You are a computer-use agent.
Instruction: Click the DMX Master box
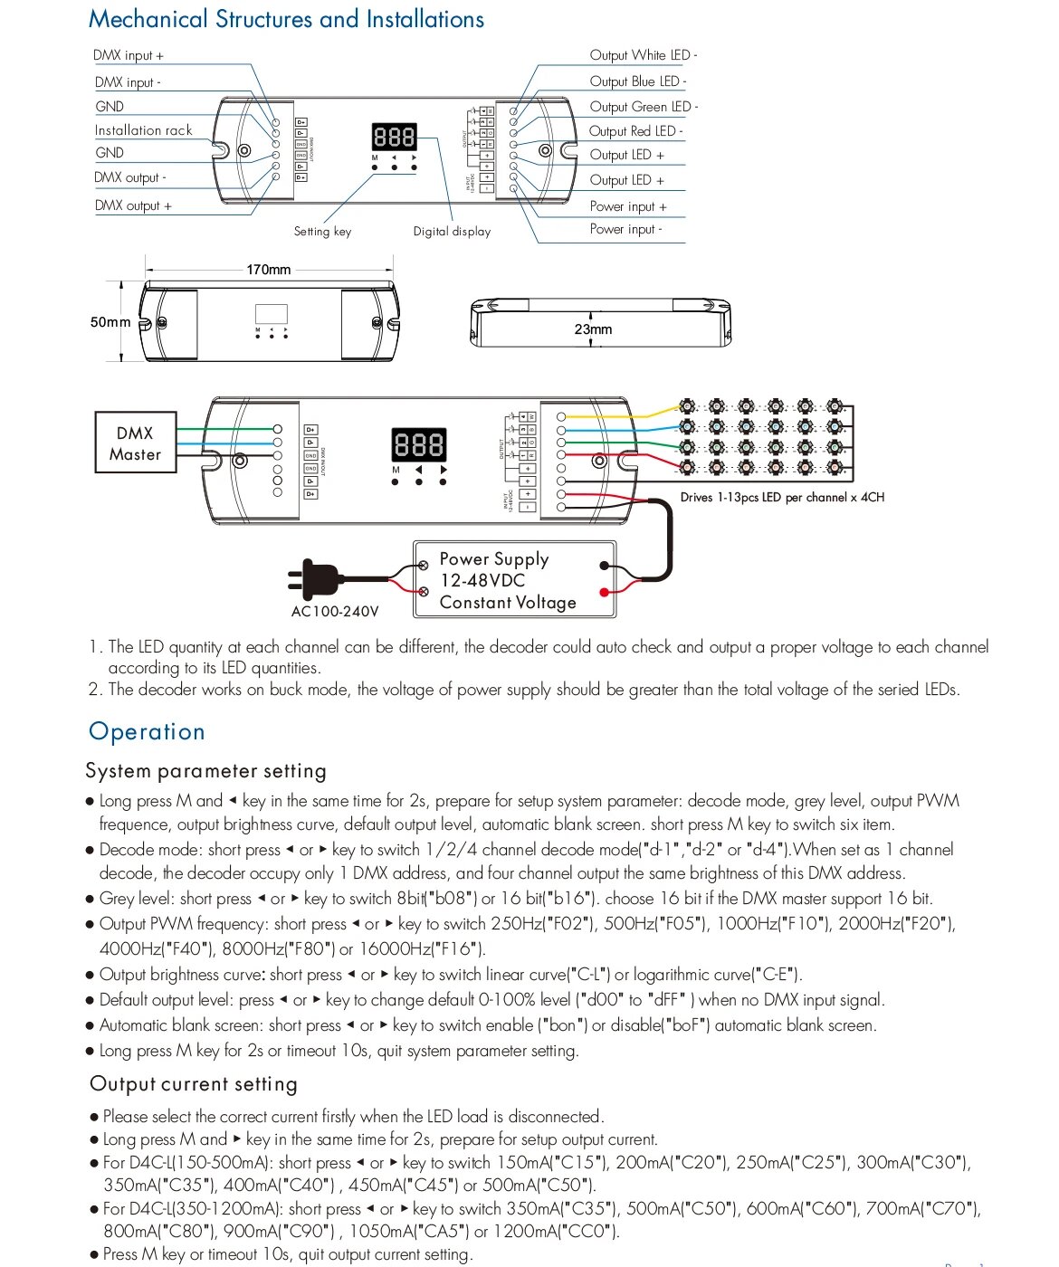tap(135, 443)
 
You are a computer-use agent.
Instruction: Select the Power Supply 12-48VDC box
tap(514, 580)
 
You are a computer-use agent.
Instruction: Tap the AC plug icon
tap(312, 579)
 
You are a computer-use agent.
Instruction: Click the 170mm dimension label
tap(269, 270)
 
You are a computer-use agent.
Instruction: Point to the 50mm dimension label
tap(110, 322)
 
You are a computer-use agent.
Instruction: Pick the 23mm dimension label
tap(593, 329)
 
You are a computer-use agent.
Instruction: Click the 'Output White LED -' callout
tap(643, 55)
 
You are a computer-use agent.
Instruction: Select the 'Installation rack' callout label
tap(143, 130)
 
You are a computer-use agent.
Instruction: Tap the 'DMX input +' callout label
tap(129, 55)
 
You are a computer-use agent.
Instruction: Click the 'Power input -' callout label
tap(625, 229)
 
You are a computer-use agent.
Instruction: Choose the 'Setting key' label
tap(322, 232)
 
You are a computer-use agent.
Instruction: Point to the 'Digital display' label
tap(452, 232)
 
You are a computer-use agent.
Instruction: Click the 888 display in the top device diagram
tap(394, 138)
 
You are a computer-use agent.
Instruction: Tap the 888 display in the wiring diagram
tap(419, 445)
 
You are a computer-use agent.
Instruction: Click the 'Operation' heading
tap(147, 731)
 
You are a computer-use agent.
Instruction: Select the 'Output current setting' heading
tap(194, 1084)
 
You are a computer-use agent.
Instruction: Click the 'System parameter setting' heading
tap(205, 771)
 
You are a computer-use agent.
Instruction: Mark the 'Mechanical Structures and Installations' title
tap(286, 19)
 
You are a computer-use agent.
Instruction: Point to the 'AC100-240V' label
tap(335, 612)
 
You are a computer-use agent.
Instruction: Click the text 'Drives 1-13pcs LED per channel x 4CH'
tap(782, 498)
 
